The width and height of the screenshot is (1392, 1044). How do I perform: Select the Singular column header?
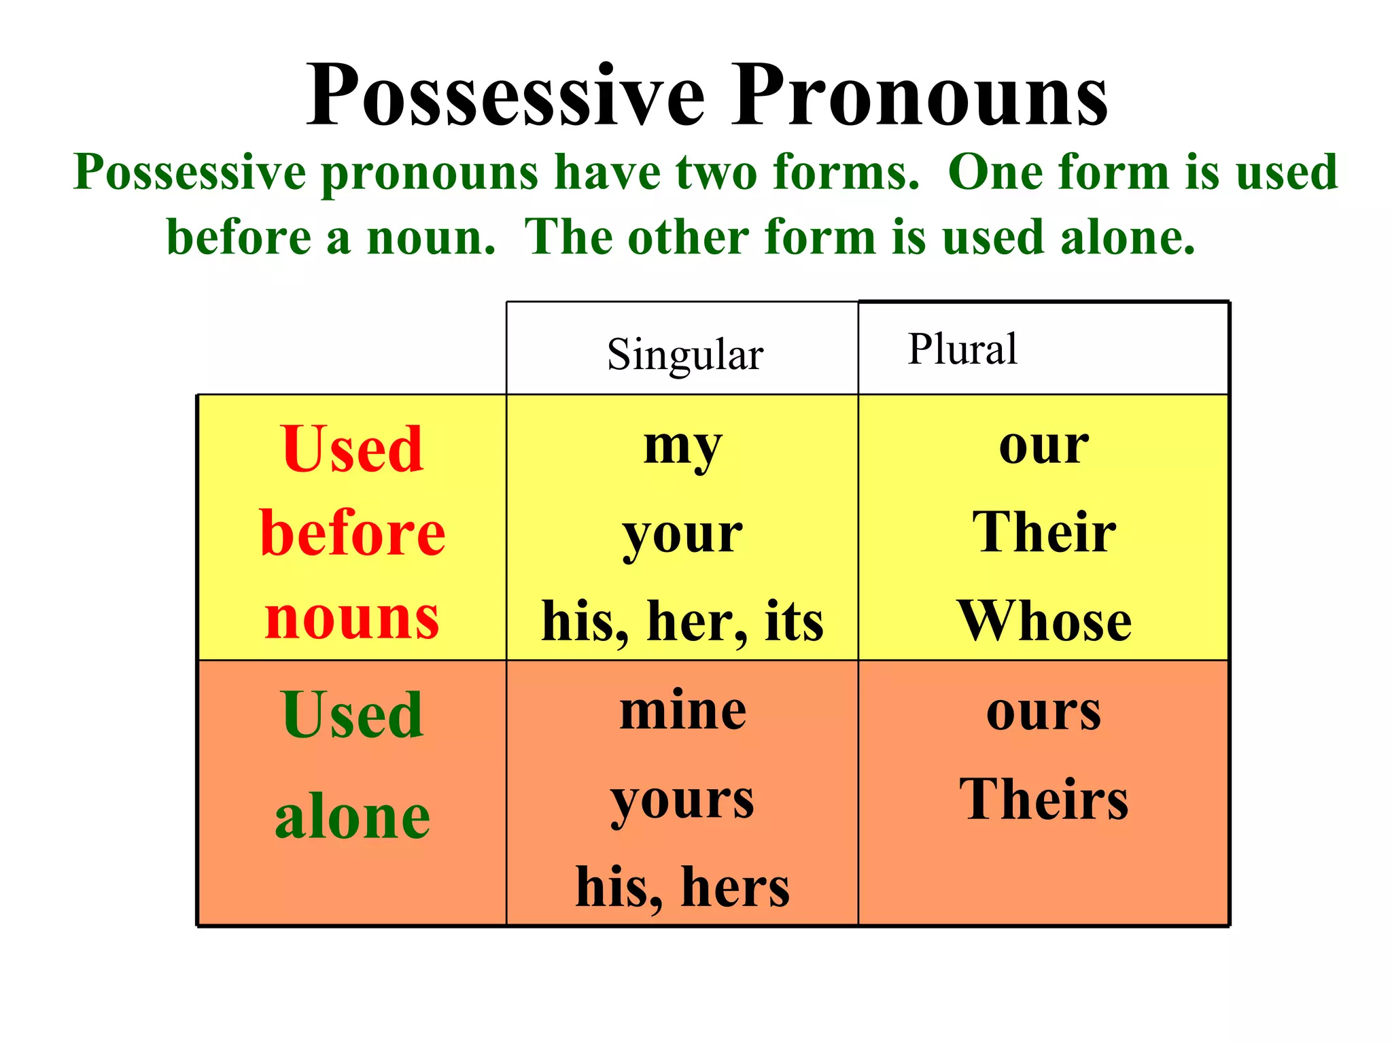684,355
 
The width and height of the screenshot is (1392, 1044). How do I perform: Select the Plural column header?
962,349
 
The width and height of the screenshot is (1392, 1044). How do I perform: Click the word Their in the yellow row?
1044,532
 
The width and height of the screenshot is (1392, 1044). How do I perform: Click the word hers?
735,887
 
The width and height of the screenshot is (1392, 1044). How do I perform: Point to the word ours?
1043,712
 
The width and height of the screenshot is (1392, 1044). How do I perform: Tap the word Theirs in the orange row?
1044,800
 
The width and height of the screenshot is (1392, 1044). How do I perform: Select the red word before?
352,534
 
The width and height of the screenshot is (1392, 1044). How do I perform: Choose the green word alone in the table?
352,817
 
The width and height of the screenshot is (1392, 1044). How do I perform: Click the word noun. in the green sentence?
431,238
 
